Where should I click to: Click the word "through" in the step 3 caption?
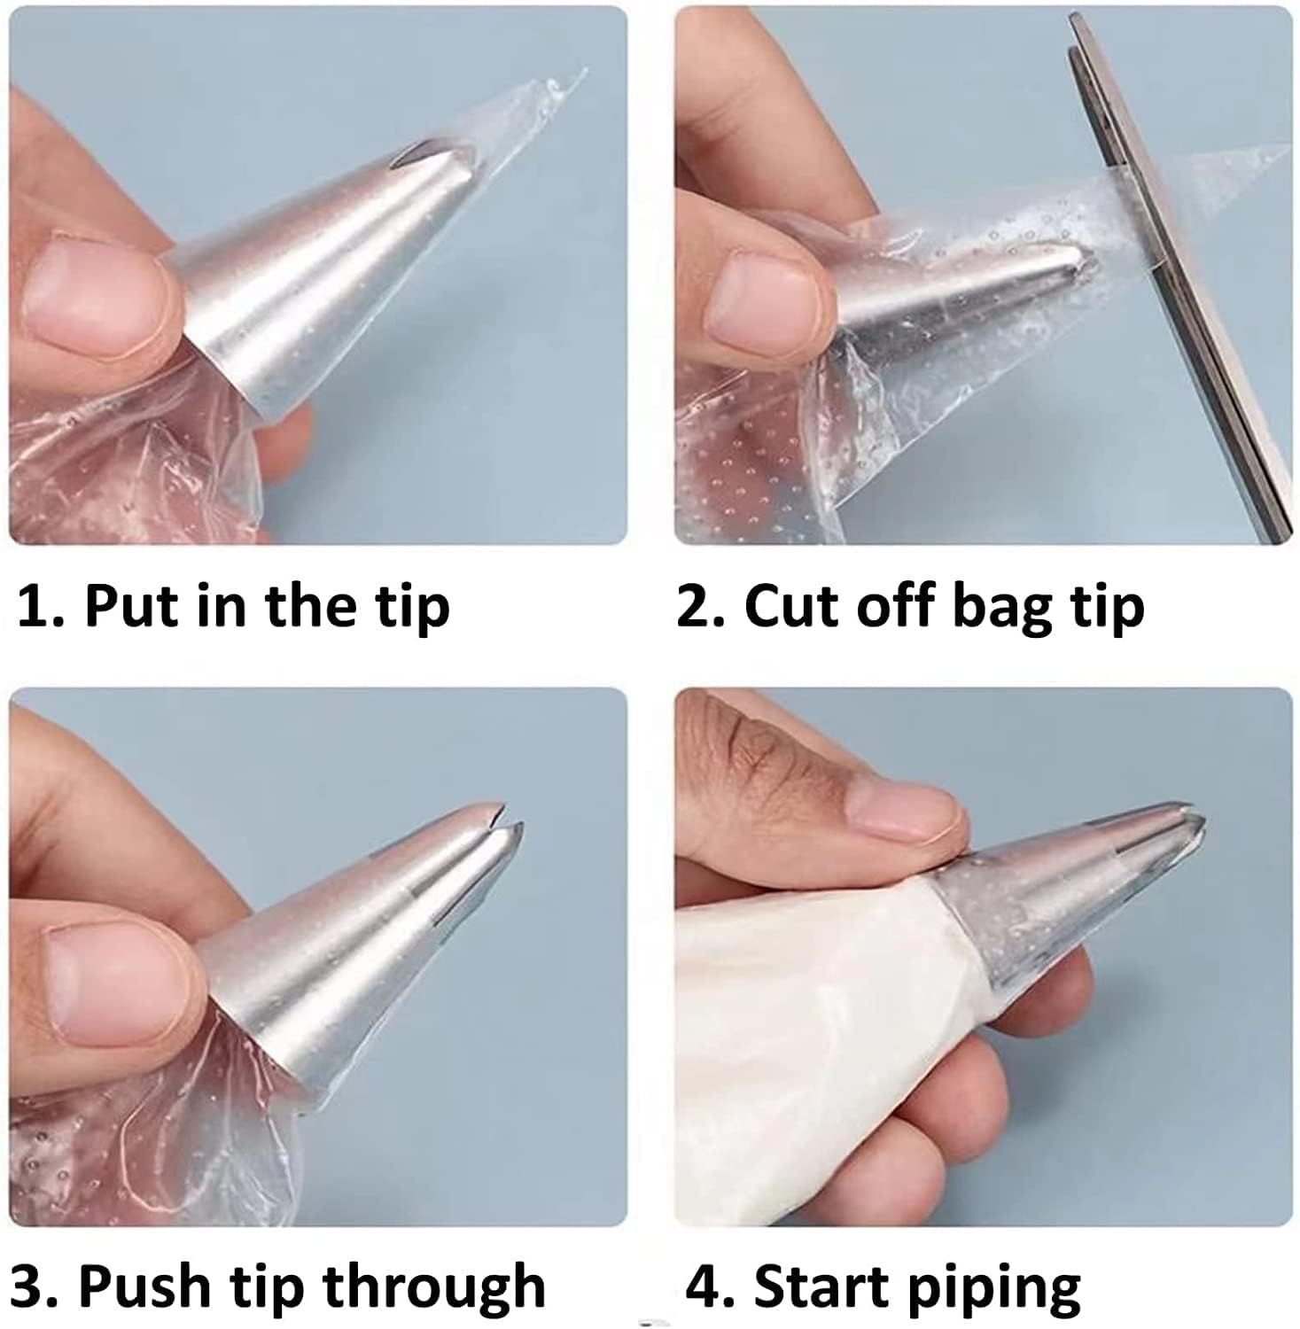click(433, 1290)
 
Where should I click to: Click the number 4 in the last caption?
click(705, 1286)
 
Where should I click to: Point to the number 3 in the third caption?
click(27, 1286)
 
